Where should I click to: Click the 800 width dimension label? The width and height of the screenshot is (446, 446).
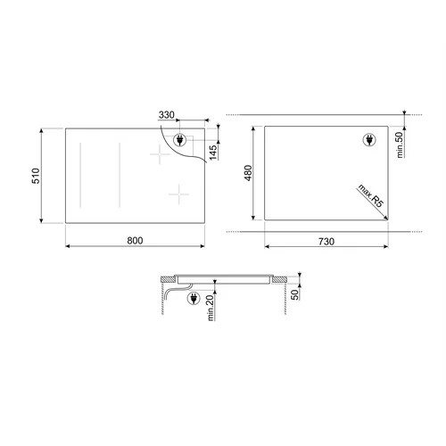[135, 240]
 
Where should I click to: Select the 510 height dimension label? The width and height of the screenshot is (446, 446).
[36, 176]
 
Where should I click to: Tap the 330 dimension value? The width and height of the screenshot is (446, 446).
[167, 115]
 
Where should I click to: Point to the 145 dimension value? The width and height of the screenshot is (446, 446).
[213, 152]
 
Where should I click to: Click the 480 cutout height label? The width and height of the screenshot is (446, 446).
[248, 173]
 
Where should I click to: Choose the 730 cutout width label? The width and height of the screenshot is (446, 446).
[326, 242]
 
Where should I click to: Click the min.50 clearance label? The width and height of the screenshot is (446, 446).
[400, 145]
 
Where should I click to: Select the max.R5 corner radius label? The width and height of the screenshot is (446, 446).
[371, 196]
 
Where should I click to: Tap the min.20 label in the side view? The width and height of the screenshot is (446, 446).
[211, 308]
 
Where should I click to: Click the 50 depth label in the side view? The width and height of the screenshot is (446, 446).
[294, 294]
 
